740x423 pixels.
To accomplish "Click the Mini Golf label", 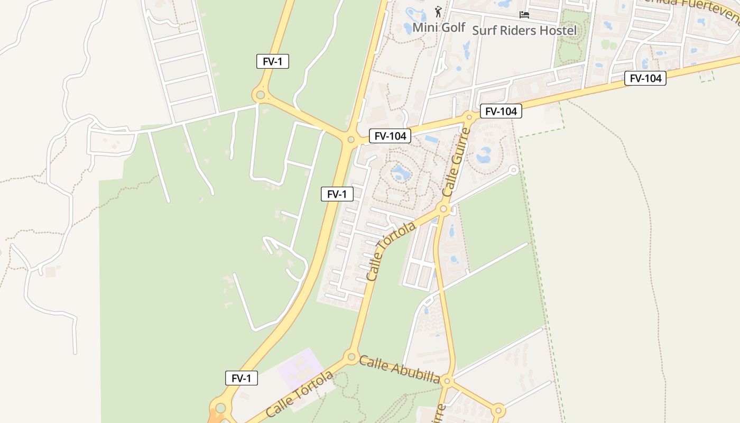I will coord(439,27).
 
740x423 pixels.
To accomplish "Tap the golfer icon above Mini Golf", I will coord(438,11).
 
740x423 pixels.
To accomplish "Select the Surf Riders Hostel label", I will coord(524,31).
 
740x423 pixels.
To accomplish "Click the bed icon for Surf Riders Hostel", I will coord(524,14).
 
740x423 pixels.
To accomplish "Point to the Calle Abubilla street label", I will coord(399,370).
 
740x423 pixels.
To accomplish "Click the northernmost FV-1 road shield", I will coord(273,61).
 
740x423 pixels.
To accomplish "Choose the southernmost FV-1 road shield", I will coord(242,378).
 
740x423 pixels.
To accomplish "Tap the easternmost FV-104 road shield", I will coord(645,78).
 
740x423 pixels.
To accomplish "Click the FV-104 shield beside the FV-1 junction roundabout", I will coord(390,136).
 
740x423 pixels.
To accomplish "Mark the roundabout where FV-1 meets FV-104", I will coord(350,140).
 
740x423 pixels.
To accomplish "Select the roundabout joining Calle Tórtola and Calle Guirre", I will coord(444,209).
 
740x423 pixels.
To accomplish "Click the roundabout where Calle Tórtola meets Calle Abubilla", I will coord(351,357).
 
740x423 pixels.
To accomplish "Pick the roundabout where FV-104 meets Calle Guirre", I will coord(469,117).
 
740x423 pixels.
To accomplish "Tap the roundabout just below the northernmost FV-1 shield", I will coord(260,96).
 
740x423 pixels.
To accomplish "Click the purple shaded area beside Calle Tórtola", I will coord(300,367).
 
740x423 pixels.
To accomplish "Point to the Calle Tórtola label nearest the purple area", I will coord(300,394).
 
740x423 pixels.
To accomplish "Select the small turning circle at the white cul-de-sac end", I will coord(513,170).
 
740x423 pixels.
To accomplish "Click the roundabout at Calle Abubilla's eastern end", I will coord(447,381).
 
